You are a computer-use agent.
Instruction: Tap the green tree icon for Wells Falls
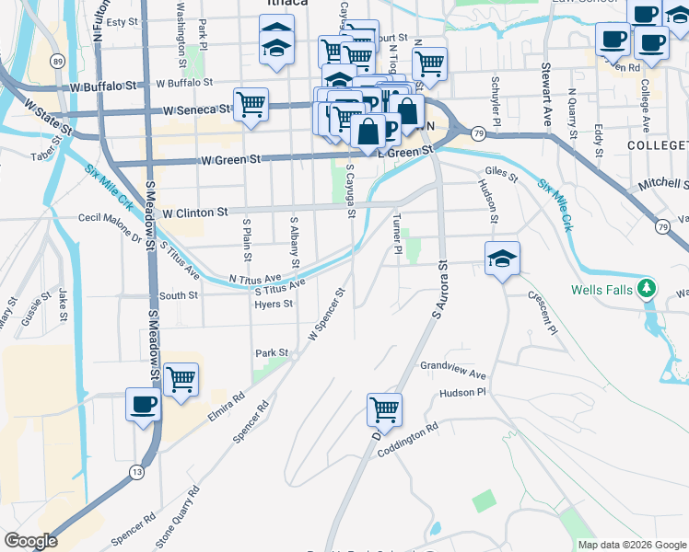(648, 290)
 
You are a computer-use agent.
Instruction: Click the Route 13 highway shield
(137, 472)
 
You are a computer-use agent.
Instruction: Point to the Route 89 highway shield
(58, 61)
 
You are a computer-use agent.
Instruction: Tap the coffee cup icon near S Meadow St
(143, 404)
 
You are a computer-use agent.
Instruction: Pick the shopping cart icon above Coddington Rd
(384, 408)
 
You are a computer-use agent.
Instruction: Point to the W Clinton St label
(194, 213)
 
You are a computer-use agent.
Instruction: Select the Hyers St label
(274, 305)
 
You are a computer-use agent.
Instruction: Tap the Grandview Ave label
(452, 370)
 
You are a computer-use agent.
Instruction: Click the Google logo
(30, 541)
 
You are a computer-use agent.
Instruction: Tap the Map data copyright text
(631, 545)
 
